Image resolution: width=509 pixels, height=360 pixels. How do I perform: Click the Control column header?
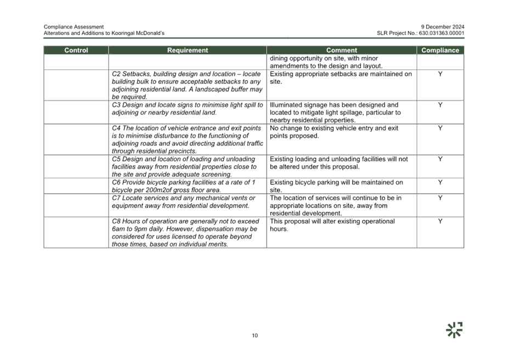[76, 50]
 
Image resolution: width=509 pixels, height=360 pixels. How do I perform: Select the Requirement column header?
[187, 50]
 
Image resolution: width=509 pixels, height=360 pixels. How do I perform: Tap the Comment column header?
[342, 50]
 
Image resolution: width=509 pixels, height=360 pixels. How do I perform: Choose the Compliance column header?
[440, 50]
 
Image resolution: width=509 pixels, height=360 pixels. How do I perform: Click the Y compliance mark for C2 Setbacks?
[440, 74]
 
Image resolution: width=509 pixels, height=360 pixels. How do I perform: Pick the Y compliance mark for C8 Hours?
[440, 221]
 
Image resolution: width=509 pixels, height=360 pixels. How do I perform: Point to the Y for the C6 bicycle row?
[440, 182]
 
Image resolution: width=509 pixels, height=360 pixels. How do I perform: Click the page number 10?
[255, 335]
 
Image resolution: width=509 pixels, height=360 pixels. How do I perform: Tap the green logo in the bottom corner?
[454, 330]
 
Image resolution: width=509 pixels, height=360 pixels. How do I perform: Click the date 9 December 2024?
[443, 27]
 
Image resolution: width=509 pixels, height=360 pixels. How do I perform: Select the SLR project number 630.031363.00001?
[442, 33]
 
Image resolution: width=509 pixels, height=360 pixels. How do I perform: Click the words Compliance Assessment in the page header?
[73, 27]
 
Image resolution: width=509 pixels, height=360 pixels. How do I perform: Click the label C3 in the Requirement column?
[116, 105]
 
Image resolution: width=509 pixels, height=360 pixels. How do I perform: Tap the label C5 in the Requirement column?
[116, 159]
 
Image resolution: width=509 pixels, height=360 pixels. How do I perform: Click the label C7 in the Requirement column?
[116, 198]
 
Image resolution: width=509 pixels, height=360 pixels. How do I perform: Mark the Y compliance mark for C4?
[440, 128]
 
